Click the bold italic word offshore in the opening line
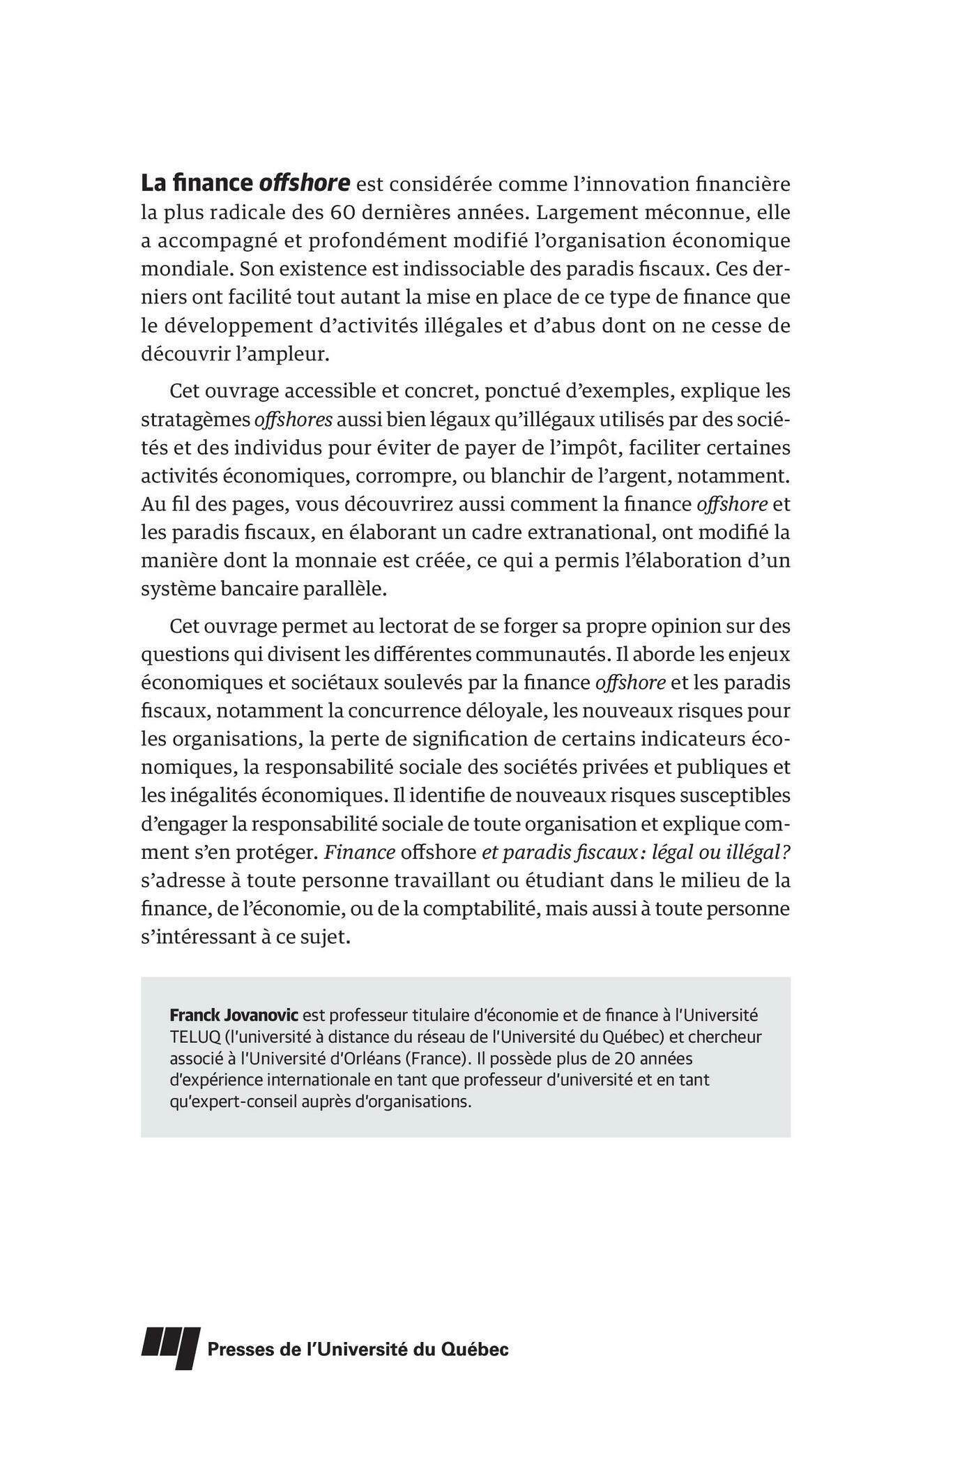304,183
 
